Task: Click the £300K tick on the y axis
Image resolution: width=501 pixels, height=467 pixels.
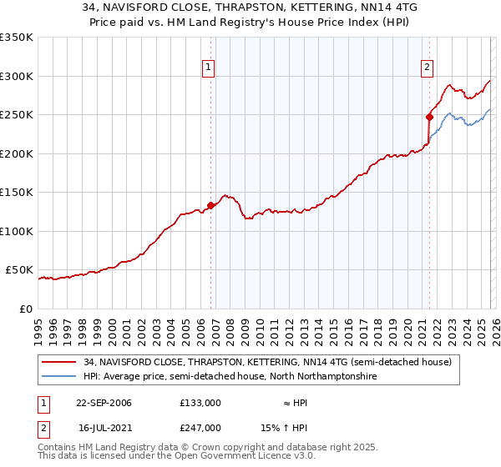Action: [17, 76]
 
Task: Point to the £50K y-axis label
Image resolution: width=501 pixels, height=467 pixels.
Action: [20, 270]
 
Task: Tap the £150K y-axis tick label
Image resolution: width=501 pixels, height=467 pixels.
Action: [17, 193]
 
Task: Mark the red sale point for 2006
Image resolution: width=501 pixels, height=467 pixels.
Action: [210, 206]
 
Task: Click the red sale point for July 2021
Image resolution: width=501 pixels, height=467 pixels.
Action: [429, 118]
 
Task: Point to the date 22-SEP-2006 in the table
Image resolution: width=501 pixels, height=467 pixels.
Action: [104, 402]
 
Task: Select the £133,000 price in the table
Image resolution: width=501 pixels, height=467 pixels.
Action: [200, 402]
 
